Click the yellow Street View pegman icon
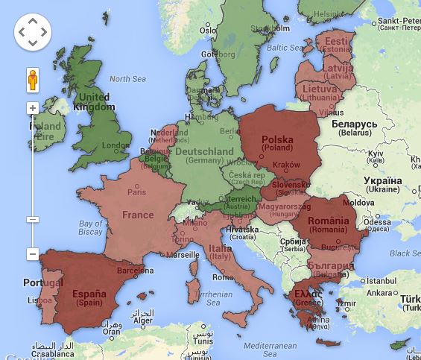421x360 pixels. click(33, 80)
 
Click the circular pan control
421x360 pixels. click(33, 32)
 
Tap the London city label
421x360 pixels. click(116, 145)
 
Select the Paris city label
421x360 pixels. click(136, 192)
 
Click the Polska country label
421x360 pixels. click(277, 139)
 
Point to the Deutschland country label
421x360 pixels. click(204, 151)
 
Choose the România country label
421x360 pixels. click(329, 221)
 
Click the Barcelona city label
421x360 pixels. click(135, 271)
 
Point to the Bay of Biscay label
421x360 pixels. click(90, 227)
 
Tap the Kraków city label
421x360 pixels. click(286, 165)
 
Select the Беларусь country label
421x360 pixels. click(354, 124)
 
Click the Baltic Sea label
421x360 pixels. click(282, 47)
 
